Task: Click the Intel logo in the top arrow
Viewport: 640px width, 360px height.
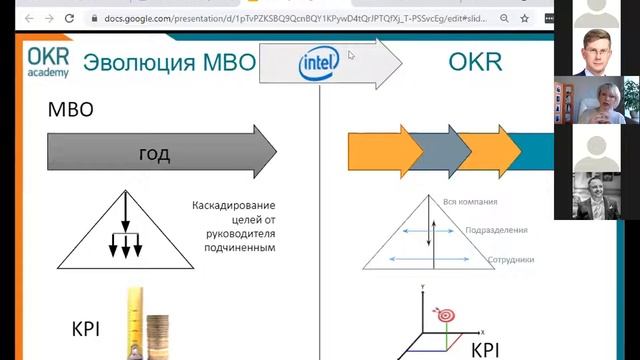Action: coord(319,65)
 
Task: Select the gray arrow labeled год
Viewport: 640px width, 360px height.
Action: coord(160,153)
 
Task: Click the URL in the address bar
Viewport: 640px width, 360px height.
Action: coord(300,19)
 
